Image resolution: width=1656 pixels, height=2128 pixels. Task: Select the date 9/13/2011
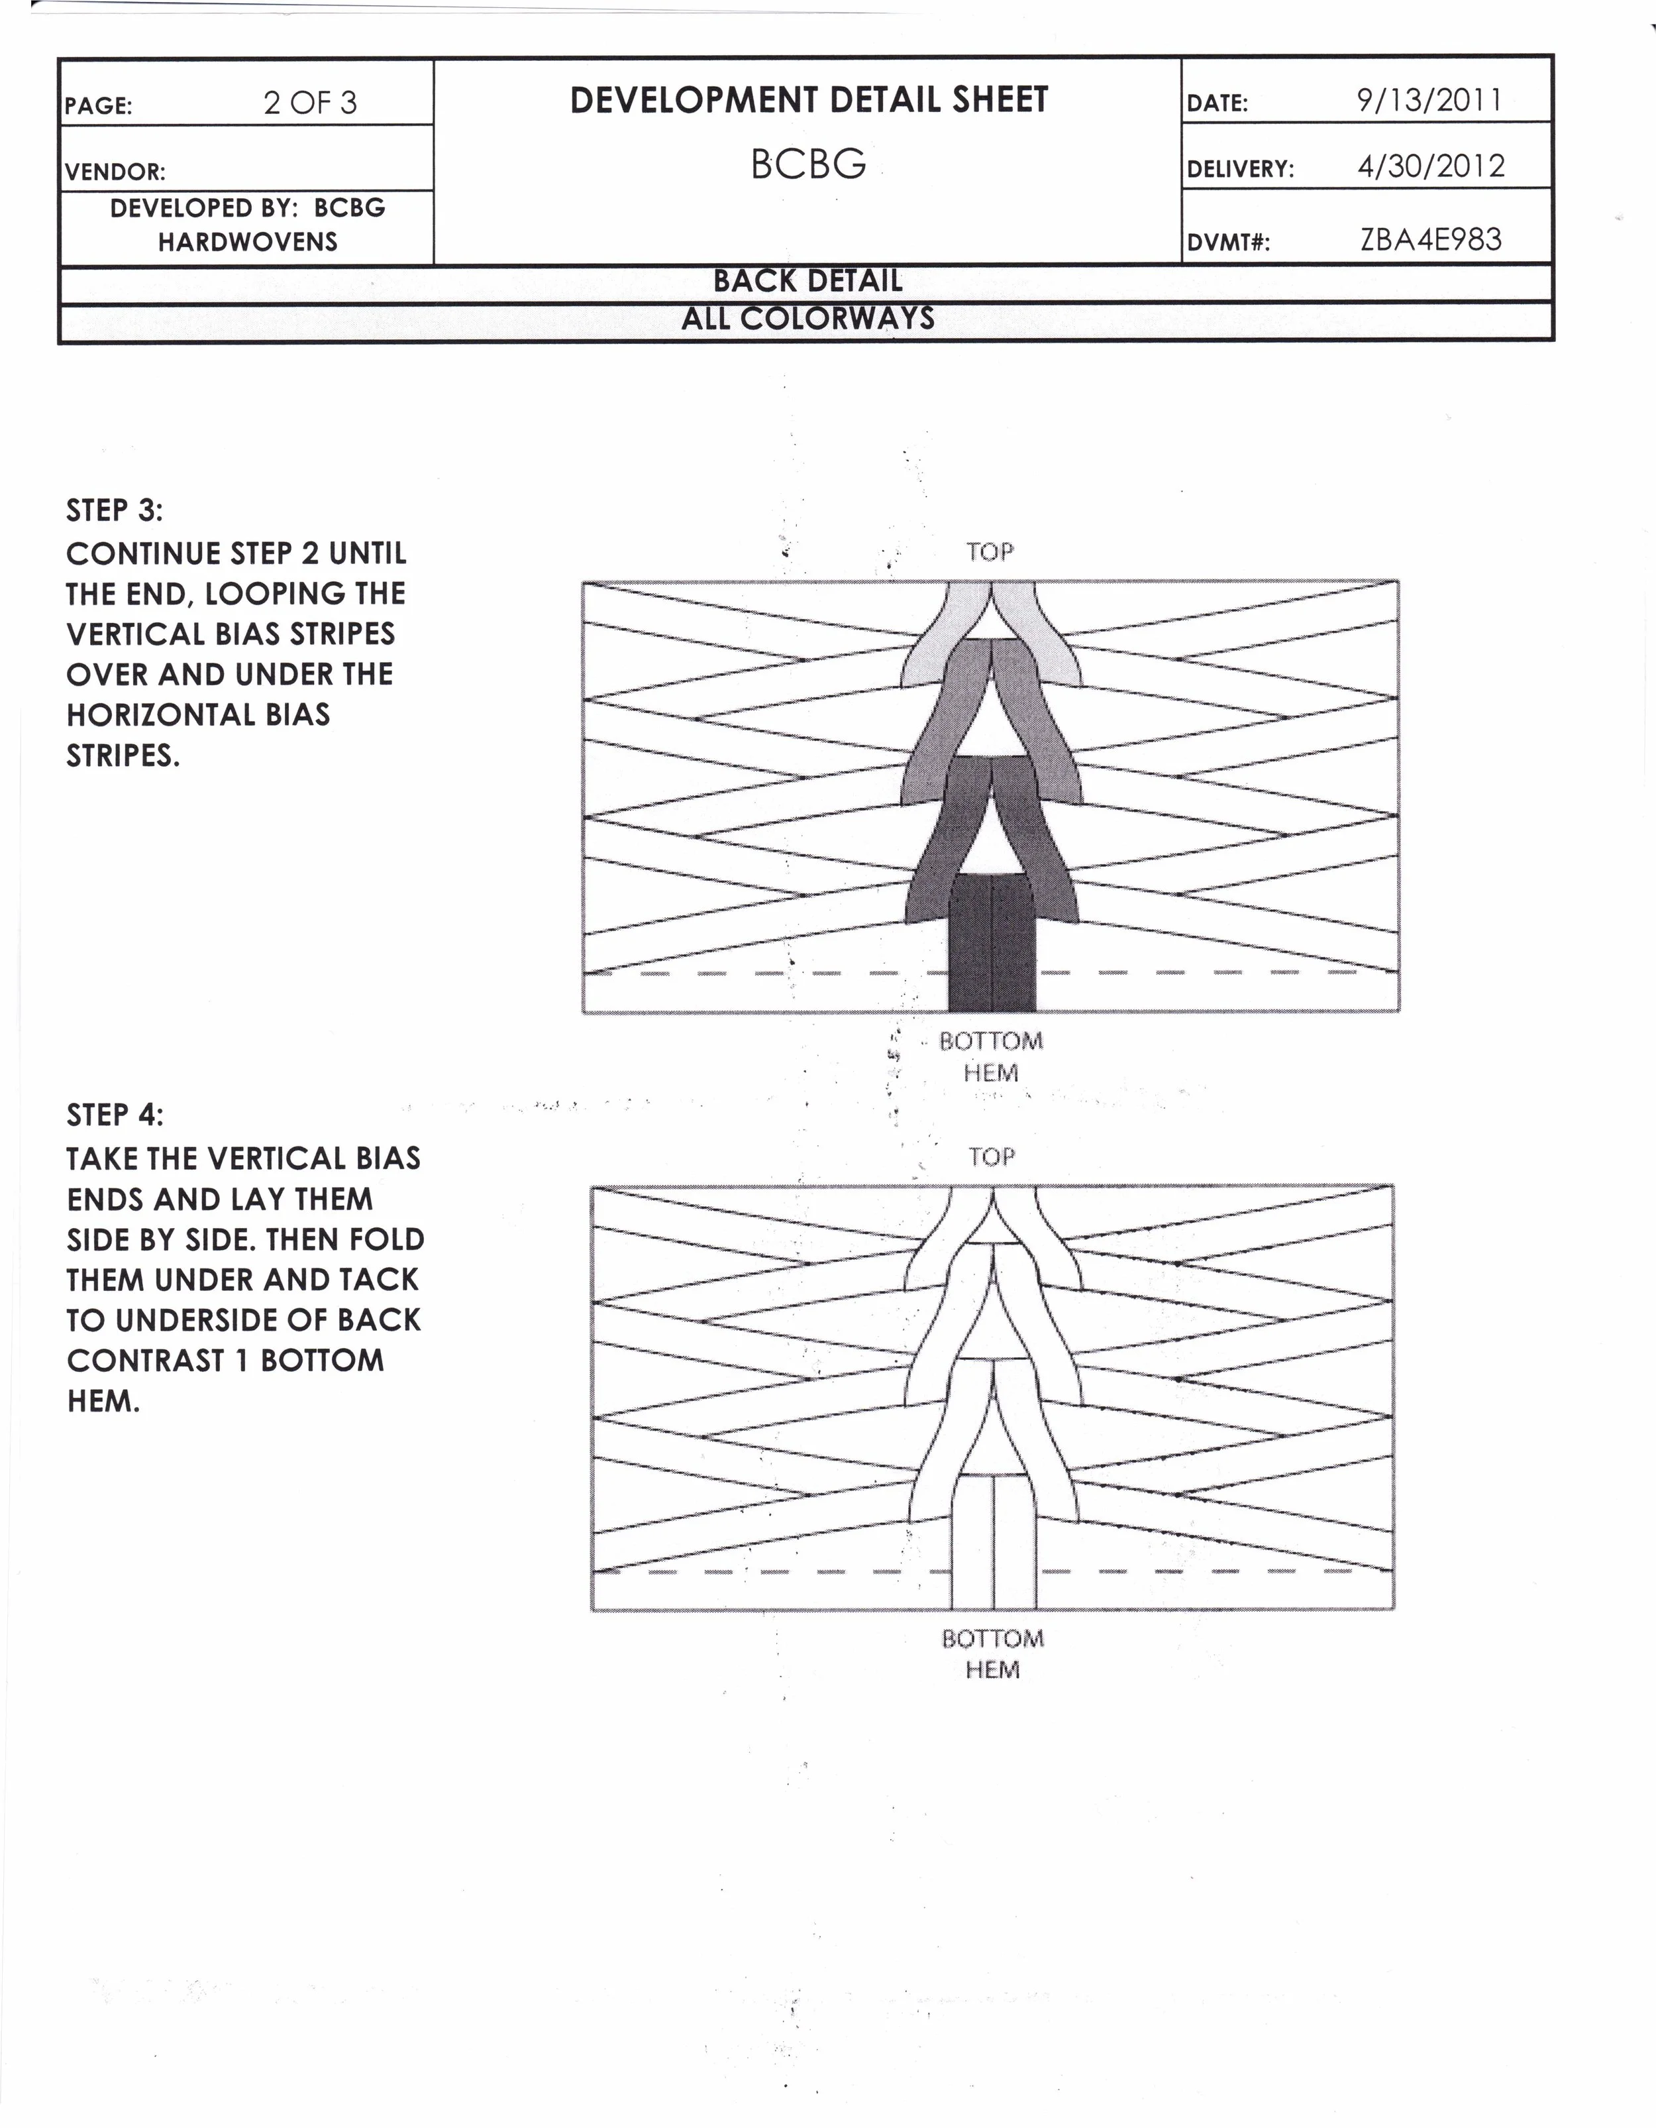point(1429,99)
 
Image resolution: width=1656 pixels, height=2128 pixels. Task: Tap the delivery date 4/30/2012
point(1431,166)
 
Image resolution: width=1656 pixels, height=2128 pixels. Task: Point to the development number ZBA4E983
point(1431,240)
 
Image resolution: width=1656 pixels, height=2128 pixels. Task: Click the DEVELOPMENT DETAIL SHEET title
point(809,100)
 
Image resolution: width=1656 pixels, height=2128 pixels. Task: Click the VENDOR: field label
point(115,172)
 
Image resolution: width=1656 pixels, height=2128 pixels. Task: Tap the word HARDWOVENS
point(248,242)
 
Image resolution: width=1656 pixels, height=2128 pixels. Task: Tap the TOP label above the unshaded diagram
point(992,1156)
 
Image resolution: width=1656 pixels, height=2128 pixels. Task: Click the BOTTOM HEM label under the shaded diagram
point(991,1057)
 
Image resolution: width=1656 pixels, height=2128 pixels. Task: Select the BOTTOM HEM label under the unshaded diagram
point(993,1653)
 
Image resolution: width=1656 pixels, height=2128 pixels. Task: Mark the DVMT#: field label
point(1227,243)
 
